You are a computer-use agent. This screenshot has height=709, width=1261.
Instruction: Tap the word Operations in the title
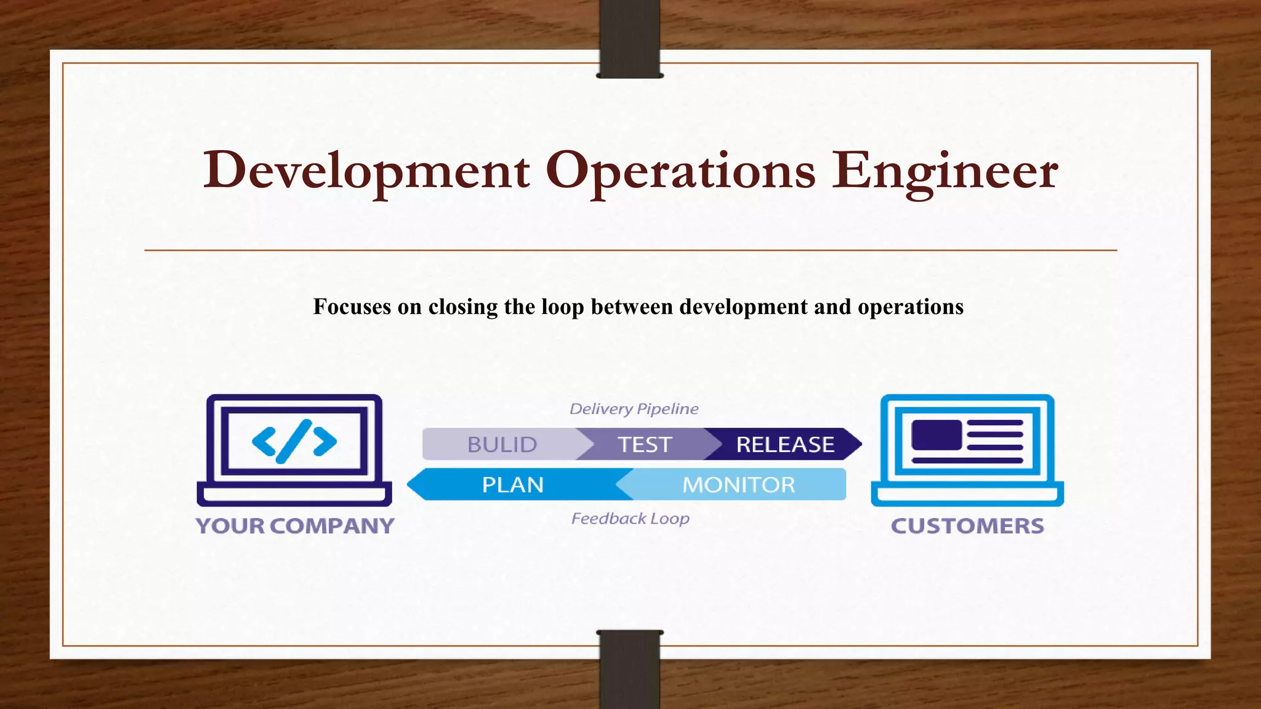(x=680, y=170)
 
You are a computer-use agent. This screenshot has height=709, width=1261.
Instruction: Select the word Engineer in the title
(x=945, y=170)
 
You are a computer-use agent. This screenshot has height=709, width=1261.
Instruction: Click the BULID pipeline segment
(x=502, y=444)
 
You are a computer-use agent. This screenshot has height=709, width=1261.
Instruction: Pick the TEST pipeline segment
(x=644, y=444)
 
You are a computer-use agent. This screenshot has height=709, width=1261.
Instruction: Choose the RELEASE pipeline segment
(x=785, y=444)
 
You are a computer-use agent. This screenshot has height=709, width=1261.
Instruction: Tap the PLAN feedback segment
(x=512, y=485)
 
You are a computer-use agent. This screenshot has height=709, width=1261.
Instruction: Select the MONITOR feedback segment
(x=738, y=485)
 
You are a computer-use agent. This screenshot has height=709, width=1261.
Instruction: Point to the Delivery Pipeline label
(x=634, y=409)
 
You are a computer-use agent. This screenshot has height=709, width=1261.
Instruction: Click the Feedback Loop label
(x=630, y=519)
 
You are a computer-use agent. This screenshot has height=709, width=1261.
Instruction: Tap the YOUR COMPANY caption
(x=295, y=526)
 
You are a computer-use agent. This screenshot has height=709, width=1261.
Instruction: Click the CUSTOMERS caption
(x=967, y=526)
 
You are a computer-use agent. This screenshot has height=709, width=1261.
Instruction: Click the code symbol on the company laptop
(x=294, y=441)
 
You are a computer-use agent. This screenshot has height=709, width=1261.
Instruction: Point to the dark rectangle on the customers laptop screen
(x=937, y=435)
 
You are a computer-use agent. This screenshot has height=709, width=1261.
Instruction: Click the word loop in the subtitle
(x=562, y=306)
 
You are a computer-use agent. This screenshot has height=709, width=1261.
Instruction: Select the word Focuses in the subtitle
(x=352, y=306)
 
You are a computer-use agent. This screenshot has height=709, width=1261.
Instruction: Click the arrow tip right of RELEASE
(x=855, y=444)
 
